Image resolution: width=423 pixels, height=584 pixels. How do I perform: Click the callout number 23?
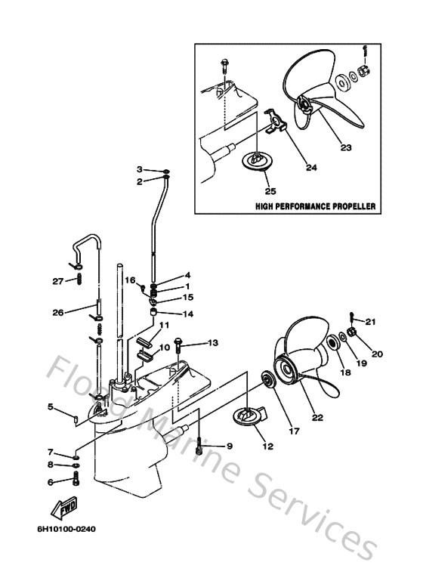[x=345, y=148]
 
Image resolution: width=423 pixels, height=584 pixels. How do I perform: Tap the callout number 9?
[x=229, y=446]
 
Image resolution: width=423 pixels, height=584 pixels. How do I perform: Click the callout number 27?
[x=57, y=281]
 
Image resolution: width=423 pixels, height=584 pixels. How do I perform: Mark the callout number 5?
[x=51, y=407]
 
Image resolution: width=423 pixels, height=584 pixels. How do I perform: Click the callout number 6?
[x=51, y=482]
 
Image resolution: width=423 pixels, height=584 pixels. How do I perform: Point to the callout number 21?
[x=369, y=322]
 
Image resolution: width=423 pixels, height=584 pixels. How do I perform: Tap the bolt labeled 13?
[x=180, y=345]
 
